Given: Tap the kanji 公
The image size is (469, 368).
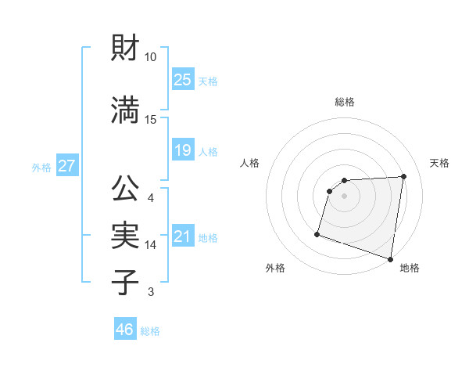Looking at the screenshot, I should pyautogui.click(x=126, y=189).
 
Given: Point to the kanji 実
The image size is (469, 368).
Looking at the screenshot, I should pyautogui.click(x=126, y=235).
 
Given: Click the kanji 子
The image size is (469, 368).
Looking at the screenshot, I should pyautogui.click(x=126, y=281).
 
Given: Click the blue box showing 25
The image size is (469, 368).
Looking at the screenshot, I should pyautogui.click(x=182, y=80).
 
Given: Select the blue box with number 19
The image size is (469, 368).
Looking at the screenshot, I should pyautogui.click(x=182, y=150).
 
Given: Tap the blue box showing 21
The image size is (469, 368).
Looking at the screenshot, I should pyautogui.click(x=182, y=236).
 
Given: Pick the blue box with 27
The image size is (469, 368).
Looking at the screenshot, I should pyautogui.click(x=66, y=166).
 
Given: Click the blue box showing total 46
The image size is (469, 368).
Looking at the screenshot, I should pyautogui.click(x=125, y=330).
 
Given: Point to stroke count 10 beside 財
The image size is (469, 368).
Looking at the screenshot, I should pyautogui.click(x=151, y=57).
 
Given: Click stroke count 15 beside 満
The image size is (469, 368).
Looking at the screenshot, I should pyautogui.click(x=151, y=119).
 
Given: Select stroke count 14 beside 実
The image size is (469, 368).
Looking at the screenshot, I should pyautogui.click(x=151, y=245).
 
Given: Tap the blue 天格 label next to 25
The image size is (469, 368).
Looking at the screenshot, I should pyautogui.click(x=208, y=81).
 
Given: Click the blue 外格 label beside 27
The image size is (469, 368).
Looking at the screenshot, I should pyautogui.click(x=41, y=168).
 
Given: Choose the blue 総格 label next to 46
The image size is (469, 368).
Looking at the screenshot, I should pyautogui.click(x=150, y=331).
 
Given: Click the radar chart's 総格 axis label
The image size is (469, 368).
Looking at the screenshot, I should pyautogui.click(x=345, y=102).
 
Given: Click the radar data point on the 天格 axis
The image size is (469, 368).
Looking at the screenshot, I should pyautogui.click(x=403, y=177).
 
